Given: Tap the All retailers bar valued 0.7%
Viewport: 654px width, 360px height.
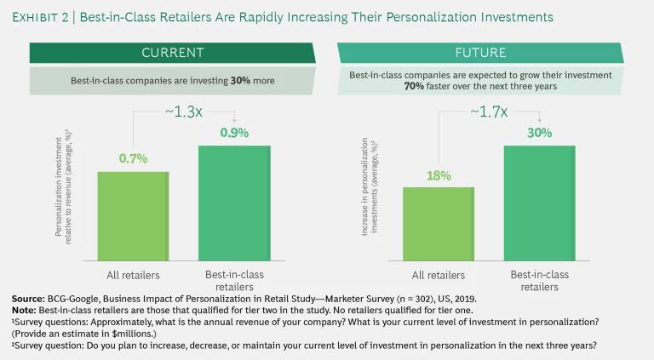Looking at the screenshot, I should pyautogui.click(x=133, y=218).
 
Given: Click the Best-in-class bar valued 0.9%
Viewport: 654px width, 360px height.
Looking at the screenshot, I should pyautogui.click(x=234, y=204).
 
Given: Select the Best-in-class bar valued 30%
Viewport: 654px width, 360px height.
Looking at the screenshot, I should pyautogui.click(x=539, y=204).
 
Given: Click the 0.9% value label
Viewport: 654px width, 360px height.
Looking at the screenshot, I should pyautogui.click(x=234, y=134).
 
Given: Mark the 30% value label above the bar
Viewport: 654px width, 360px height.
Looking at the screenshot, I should pyautogui.click(x=539, y=134).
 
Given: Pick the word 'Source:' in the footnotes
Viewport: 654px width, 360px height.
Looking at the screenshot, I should pyautogui.click(x=30, y=298).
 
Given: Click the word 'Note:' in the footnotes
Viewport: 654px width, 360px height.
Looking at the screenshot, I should pyautogui.click(x=26, y=310).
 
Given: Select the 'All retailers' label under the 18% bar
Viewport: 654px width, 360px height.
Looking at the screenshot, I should pyautogui.click(x=438, y=275).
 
